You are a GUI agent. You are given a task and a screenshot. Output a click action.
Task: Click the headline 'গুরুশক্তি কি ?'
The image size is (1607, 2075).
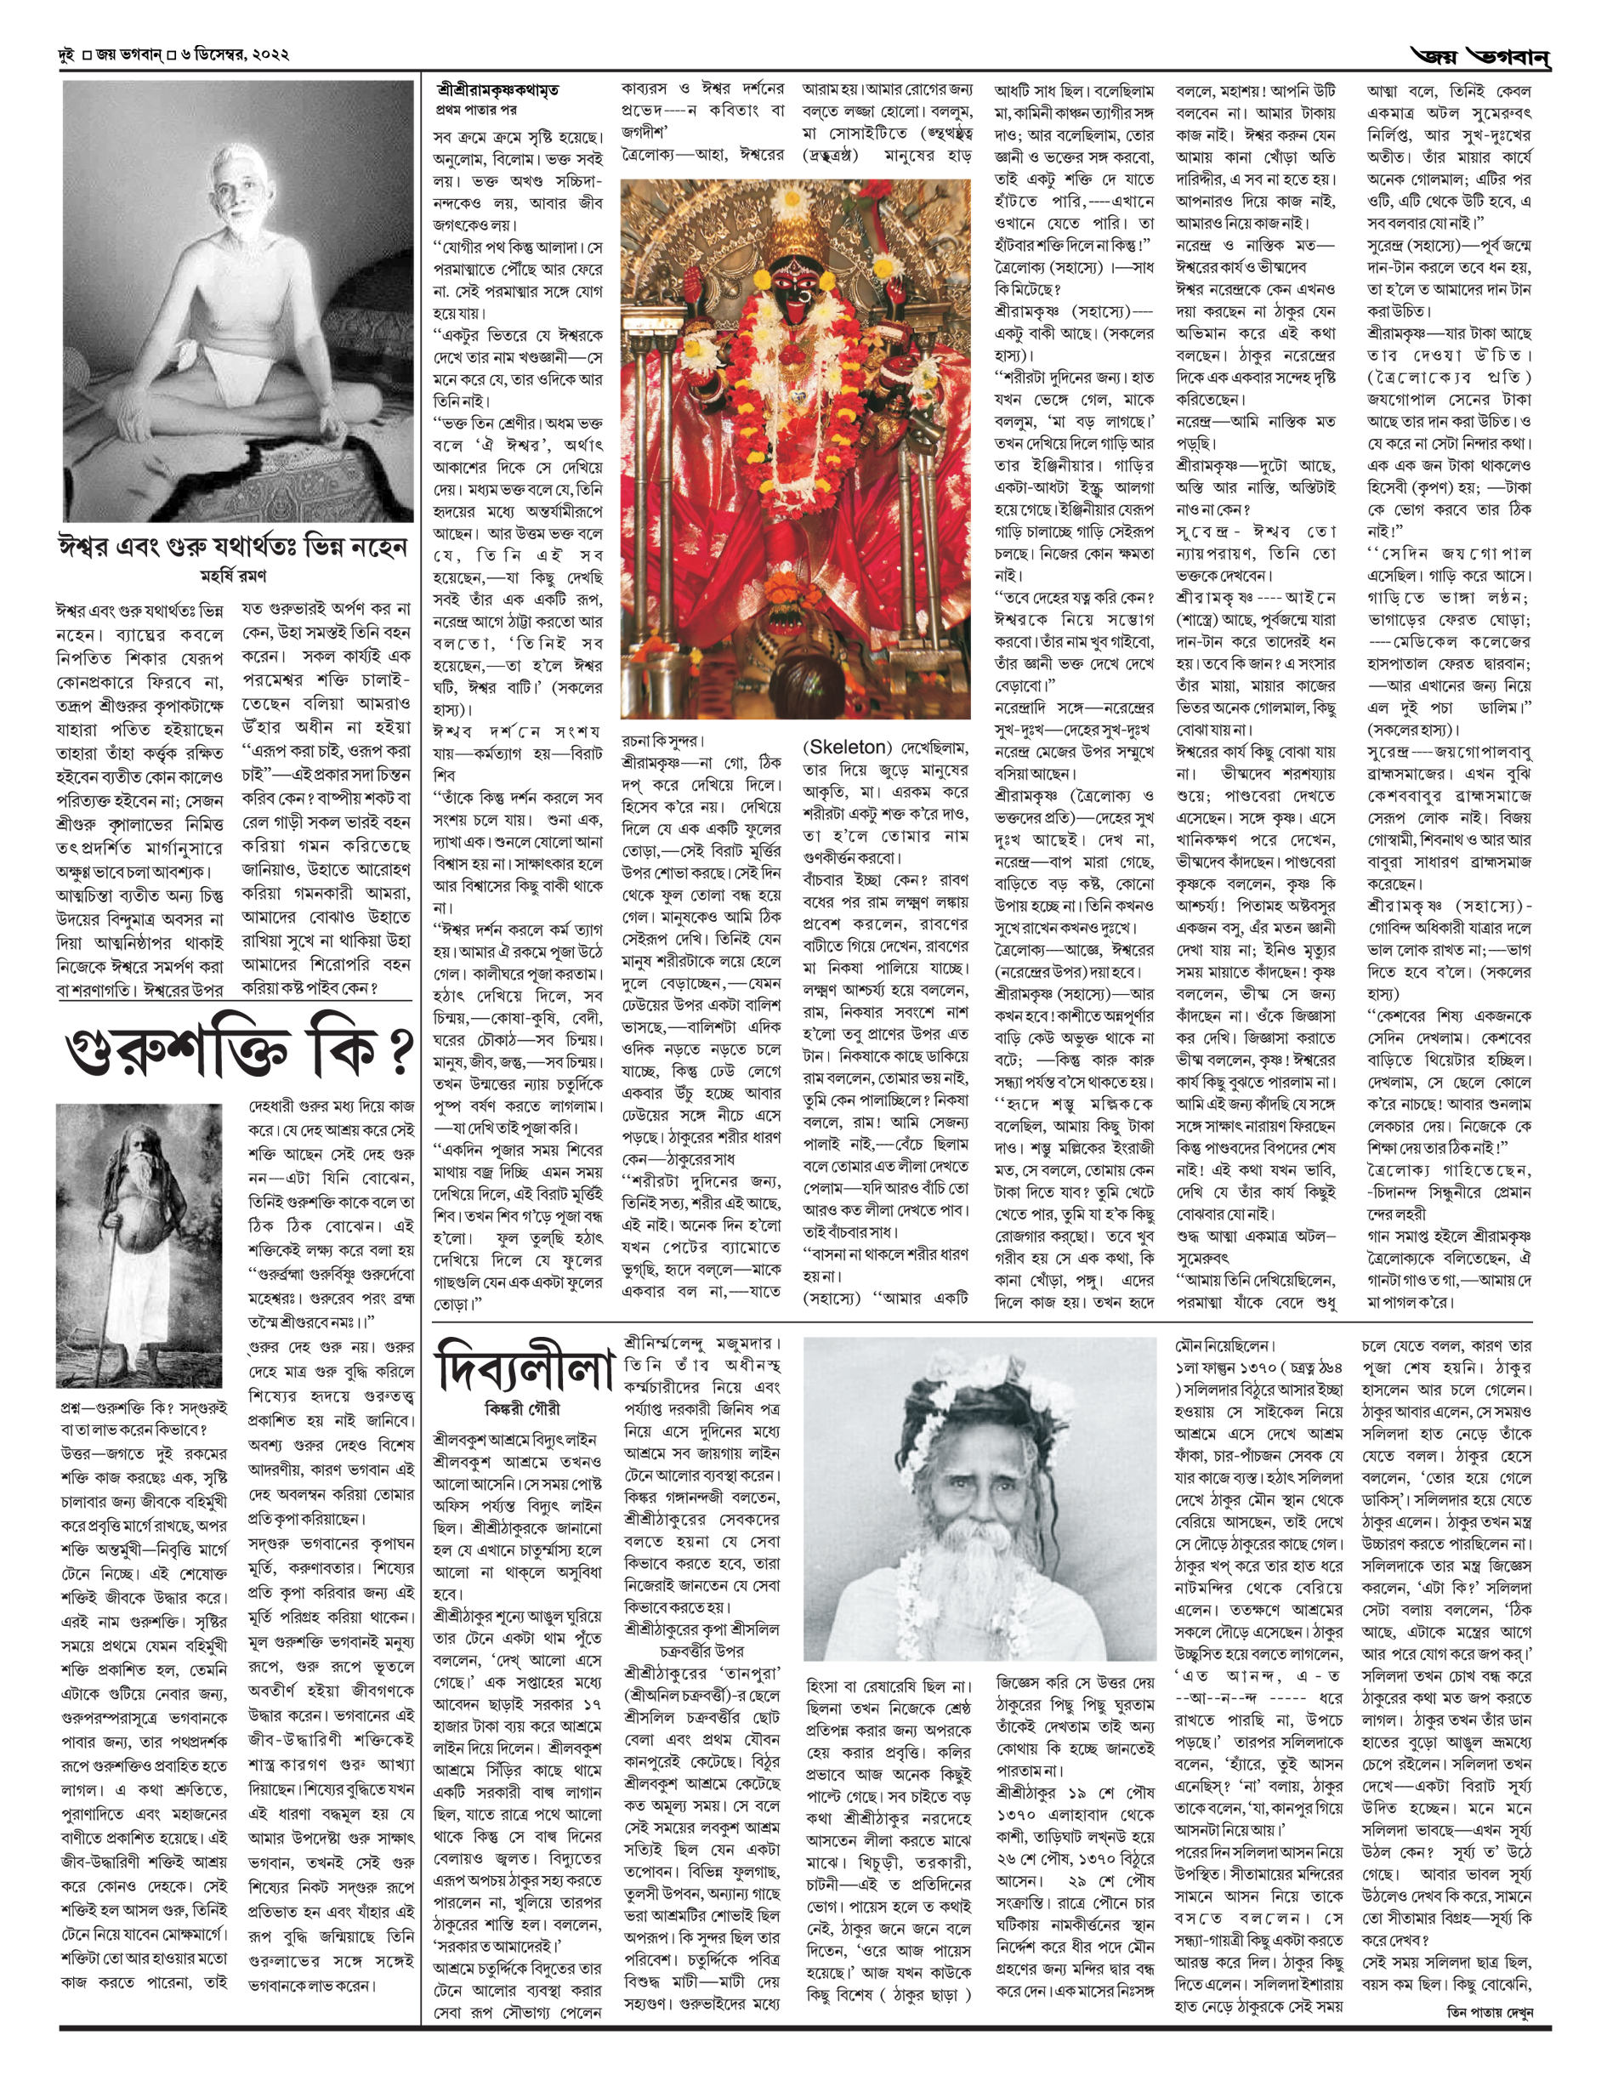(x=237, y=1050)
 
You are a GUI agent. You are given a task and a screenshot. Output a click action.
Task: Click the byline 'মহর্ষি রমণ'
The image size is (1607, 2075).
(x=233, y=576)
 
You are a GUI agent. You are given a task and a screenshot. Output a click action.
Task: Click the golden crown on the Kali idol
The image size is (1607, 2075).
(x=791, y=228)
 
